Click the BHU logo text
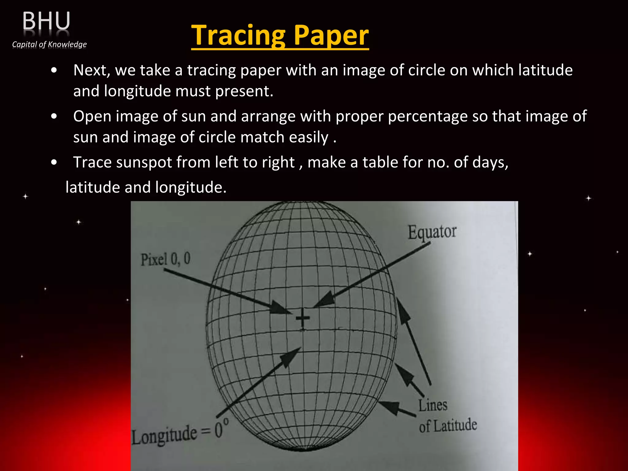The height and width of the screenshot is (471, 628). point(46,21)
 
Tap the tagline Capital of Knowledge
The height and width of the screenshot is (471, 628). point(49,44)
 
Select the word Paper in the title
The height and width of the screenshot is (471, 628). point(331,36)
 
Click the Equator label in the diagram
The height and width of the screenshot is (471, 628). point(432,232)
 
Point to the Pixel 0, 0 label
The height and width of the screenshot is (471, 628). point(166,259)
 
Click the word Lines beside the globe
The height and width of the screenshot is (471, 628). point(433,405)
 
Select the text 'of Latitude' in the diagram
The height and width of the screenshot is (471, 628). point(448,426)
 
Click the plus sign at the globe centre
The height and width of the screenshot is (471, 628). point(303,319)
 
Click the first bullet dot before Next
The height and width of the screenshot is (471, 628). point(54,71)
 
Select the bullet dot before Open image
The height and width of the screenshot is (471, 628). point(54,117)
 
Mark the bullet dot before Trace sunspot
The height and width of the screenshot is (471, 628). point(54,163)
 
